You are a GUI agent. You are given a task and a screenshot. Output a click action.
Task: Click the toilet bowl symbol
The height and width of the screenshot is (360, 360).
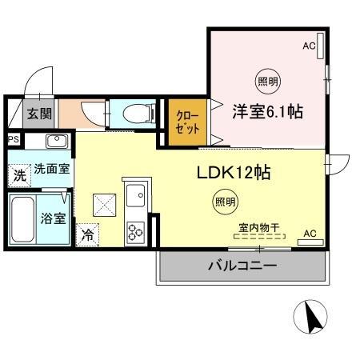[x=139, y=114]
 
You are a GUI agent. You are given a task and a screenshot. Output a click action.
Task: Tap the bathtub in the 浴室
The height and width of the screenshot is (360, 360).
[x=23, y=219]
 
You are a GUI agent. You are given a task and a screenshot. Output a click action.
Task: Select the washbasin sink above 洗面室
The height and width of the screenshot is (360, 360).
[x=57, y=141]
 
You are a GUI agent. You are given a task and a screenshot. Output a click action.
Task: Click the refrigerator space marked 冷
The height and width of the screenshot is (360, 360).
[x=87, y=235]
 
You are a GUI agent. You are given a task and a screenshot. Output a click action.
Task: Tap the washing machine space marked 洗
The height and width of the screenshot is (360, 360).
[x=19, y=176]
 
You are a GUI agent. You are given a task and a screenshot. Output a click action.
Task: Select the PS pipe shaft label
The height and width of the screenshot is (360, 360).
[x=14, y=139]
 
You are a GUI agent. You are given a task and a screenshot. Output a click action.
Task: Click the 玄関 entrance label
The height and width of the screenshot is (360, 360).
[x=39, y=114]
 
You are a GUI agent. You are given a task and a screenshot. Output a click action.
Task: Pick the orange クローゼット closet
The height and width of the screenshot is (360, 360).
[x=187, y=122]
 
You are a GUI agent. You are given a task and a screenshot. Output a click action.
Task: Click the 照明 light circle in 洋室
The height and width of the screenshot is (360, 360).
[x=268, y=81]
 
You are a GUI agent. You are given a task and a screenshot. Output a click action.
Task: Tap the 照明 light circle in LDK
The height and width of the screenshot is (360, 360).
[x=226, y=202]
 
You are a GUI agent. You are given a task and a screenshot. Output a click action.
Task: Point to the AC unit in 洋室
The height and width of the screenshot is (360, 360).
[x=320, y=46]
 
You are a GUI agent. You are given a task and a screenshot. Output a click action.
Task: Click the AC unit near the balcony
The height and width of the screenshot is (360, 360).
[x=310, y=242]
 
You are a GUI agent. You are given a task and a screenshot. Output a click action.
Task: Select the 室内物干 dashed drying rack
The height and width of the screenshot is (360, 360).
[x=259, y=236]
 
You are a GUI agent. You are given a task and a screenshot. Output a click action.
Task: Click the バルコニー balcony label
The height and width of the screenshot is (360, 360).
[x=242, y=266]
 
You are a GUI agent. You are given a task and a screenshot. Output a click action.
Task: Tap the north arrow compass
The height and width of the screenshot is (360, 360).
[x=310, y=317]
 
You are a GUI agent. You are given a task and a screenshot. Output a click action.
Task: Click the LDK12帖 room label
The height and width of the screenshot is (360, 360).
[x=234, y=173]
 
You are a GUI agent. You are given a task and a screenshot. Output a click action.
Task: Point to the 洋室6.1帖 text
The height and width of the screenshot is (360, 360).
[x=267, y=111]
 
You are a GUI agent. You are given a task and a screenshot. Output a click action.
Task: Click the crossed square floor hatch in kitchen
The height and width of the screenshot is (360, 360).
[x=104, y=205]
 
